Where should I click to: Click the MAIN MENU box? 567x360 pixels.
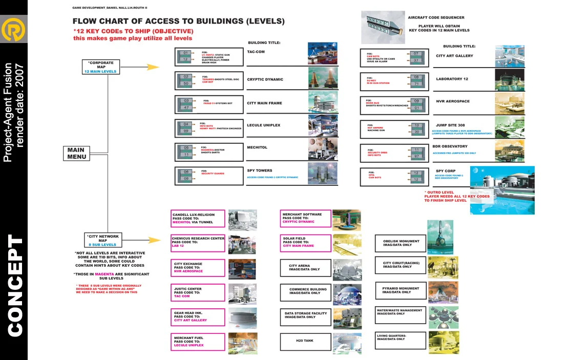point(76,153)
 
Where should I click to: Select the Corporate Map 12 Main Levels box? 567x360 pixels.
point(101,67)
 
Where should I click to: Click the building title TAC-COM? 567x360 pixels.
point(255,52)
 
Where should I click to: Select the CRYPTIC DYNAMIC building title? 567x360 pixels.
point(265,79)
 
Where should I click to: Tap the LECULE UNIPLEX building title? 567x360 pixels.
point(263,125)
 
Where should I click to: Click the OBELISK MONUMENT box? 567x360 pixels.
point(401,243)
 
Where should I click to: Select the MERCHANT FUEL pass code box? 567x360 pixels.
point(198,342)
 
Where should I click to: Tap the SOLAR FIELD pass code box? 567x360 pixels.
point(305,242)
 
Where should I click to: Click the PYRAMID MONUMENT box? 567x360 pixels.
point(401,290)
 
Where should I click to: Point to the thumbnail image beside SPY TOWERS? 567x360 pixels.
point(322,173)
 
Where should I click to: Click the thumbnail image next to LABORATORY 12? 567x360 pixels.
point(509,79)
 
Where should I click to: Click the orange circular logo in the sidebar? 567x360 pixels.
point(13,31)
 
